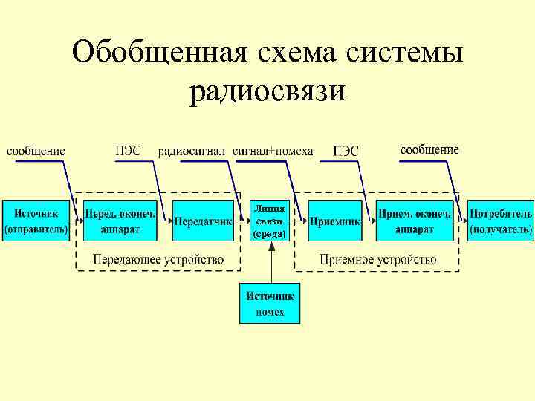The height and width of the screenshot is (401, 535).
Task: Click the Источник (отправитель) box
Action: [36, 220]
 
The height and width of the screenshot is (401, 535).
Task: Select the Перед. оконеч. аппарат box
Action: [120, 220]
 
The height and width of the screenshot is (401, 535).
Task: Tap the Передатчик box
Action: [203, 221]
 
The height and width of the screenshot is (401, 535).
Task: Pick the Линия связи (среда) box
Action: [269, 220]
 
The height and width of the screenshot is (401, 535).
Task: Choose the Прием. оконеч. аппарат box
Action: [415, 220]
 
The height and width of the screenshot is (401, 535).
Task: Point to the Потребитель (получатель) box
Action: [501, 220]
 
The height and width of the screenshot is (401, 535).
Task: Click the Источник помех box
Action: [270, 303]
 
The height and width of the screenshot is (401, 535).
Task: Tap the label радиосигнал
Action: [191, 151]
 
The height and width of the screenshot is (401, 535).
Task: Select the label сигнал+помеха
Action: [273, 151]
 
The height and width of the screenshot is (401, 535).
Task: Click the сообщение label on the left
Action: [36, 151]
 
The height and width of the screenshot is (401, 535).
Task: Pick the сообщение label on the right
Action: [429, 150]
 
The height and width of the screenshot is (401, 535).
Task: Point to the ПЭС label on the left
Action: [128, 151]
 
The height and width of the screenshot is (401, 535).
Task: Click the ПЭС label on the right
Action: [346, 151]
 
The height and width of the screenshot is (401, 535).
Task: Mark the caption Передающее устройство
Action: [158, 259]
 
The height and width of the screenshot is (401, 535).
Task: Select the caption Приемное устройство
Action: [377, 259]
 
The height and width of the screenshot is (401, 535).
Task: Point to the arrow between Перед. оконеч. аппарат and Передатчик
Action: [164, 221]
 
